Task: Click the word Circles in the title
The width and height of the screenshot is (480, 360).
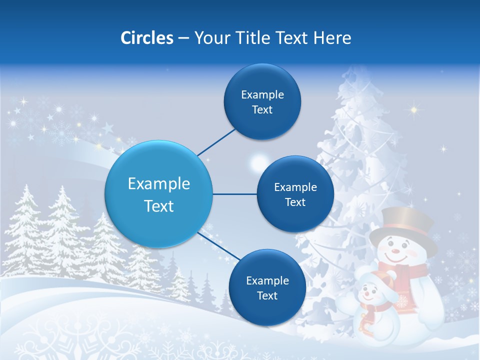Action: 146,38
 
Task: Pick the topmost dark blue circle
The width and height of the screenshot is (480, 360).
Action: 262,101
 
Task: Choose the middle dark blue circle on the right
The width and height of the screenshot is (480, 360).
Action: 295,194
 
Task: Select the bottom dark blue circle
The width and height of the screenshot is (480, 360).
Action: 267,287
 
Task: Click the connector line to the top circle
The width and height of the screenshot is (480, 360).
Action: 216,142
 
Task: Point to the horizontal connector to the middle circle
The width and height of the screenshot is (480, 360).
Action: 234,194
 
